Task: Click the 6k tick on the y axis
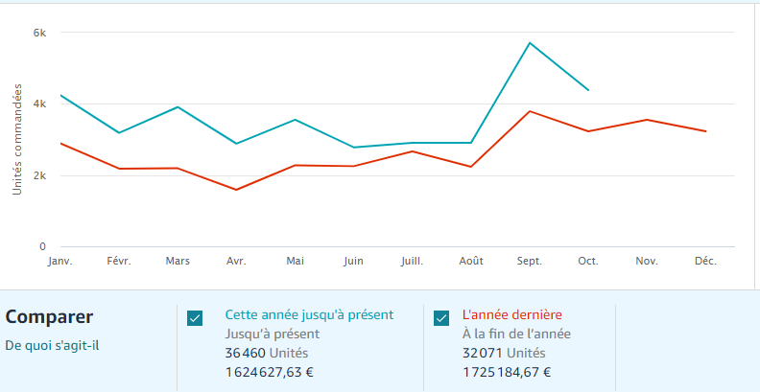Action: click(39, 33)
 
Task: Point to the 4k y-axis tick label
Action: click(39, 104)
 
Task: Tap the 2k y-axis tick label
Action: click(39, 175)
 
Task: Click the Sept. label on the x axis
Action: click(529, 261)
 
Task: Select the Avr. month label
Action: click(236, 261)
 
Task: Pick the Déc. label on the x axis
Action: click(705, 261)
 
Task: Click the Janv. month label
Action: click(59, 261)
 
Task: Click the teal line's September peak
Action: click(529, 43)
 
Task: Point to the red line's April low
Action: click(236, 190)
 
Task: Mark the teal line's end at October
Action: click(588, 90)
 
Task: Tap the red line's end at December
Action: click(705, 131)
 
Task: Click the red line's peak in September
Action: click(529, 111)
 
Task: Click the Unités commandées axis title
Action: click(17, 139)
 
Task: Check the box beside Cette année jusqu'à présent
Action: click(195, 318)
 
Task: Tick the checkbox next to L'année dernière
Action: click(441, 318)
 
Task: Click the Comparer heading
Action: click(49, 316)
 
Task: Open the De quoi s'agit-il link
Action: click(52, 345)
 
